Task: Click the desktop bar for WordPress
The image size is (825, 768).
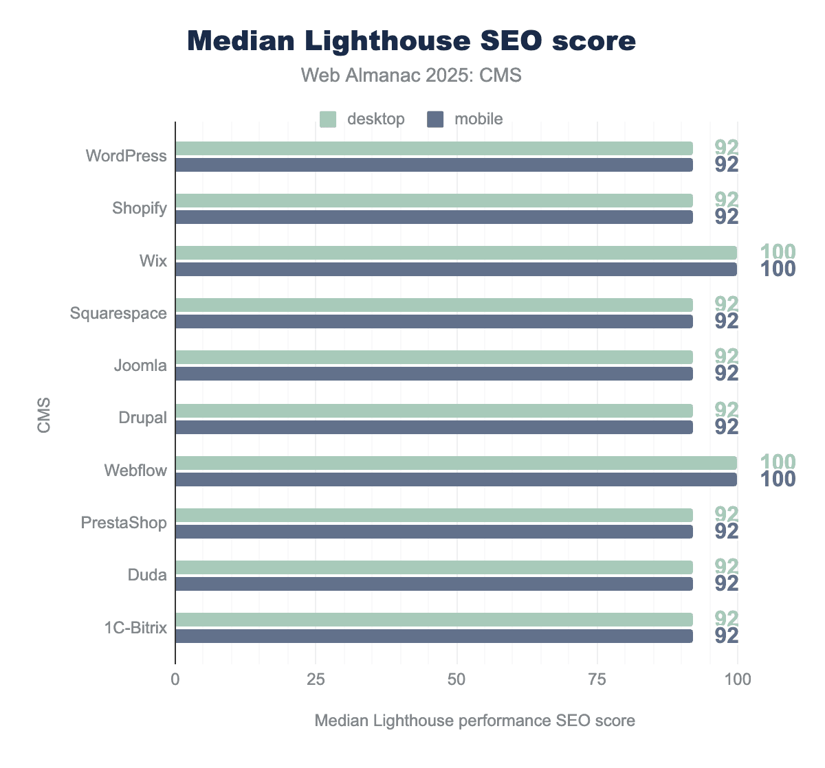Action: [x=434, y=148]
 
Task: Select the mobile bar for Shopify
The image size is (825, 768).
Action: [x=434, y=217]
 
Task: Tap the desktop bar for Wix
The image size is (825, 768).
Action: [x=456, y=253]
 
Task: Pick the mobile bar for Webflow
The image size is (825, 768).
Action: [x=456, y=479]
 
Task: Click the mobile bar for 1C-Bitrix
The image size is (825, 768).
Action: [x=434, y=636]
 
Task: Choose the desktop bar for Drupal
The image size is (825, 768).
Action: [x=434, y=411]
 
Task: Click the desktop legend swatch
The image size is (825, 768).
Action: [x=328, y=119]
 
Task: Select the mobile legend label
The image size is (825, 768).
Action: [x=478, y=119]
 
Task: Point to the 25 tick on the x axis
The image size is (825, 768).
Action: [x=316, y=679]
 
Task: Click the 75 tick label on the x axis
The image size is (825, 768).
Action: [x=597, y=679]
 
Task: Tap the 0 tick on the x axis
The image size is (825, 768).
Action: [x=175, y=679]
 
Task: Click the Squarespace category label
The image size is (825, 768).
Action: [x=118, y=313]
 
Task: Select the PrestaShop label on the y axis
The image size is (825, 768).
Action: [x=124, y=523]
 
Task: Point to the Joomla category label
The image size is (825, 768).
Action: [x=140, y=365]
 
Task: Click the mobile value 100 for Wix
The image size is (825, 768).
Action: [x=778, y=269]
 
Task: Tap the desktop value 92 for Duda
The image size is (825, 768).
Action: [x=727, y=566]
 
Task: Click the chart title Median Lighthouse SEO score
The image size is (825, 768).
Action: [x=412, y=41]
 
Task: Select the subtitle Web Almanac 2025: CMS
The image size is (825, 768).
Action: [x=412, y=75]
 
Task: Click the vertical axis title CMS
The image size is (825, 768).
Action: [x=44, y=415]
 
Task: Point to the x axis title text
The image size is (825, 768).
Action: [x=474, y=721]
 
